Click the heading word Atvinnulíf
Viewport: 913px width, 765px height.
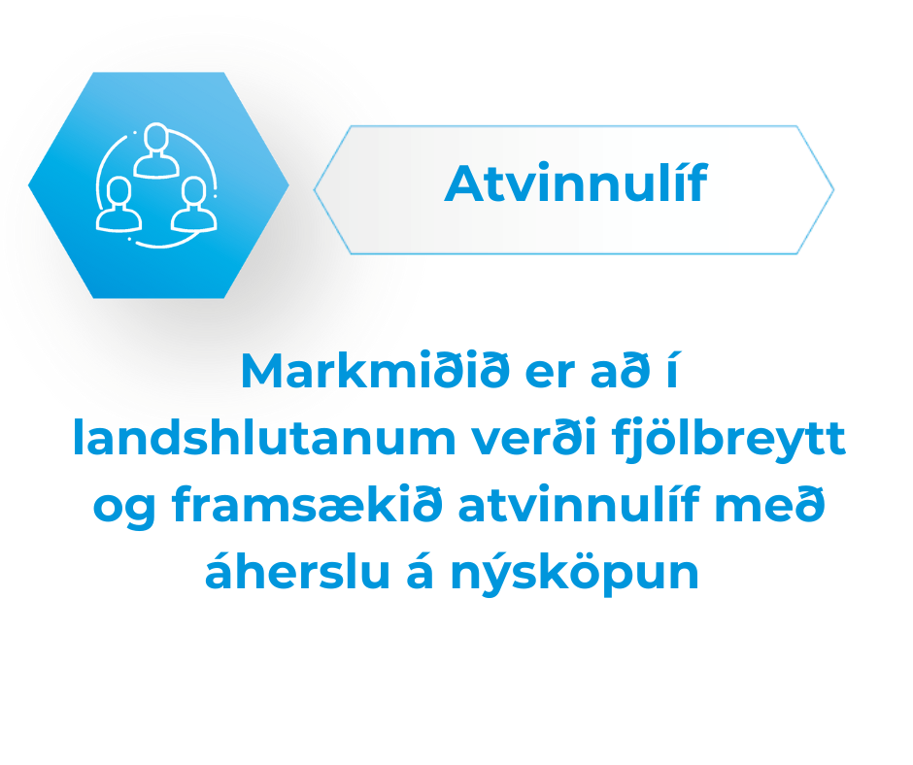pyautogui.click(x=575, y=183)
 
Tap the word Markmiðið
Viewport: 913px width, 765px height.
pyautogui.click(x=375, y=370)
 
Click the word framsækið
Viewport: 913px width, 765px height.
pyautogui.click(x=307, y=507)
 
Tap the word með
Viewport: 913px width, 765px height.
pyautogui.click(x=770, y=504)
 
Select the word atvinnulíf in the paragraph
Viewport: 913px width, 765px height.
pyautogui.click(x=579, y=504)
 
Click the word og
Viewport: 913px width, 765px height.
pyautogui.click(x=124, y=511)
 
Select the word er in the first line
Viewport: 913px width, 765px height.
pyautogui.click(x=550, y=376)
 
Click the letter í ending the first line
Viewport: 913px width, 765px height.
pyautogui.click(x=672, y=369)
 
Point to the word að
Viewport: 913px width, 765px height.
pyautogui.click(x=620, y=370)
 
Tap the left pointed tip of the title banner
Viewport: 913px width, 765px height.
pyautogui.click(x=315, y=190)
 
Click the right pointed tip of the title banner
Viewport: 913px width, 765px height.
pyautogui.click(x=833, y=190)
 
